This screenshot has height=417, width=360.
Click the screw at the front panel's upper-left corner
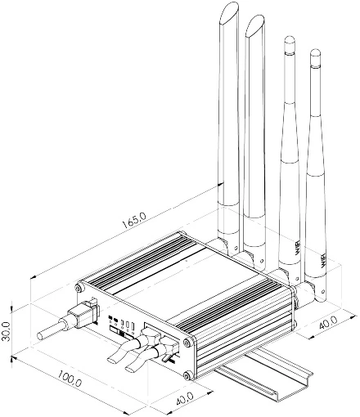point(79,288)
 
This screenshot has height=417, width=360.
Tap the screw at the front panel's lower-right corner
point(188,375)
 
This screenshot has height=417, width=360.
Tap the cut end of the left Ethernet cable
point(112,358)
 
